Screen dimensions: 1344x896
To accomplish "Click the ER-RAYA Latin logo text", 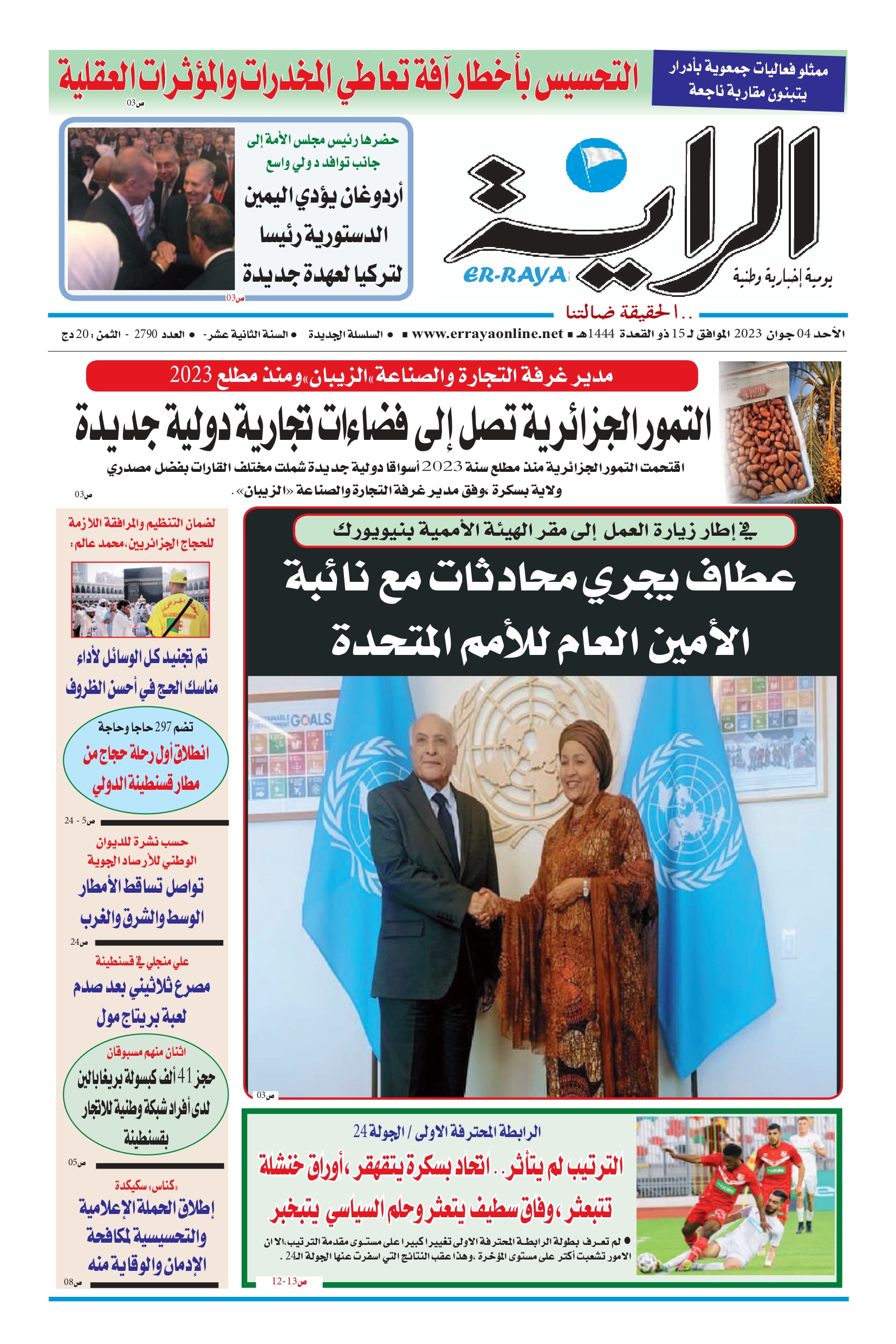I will click(x=514, y=275).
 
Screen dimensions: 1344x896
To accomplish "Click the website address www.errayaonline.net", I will click(x=487, y=334).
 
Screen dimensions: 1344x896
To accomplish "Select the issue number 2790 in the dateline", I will click(x=146, y=334).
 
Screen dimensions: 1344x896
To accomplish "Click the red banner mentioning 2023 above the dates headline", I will click(x=392, y=375).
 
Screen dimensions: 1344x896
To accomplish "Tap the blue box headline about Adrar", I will click(x=748, y=80).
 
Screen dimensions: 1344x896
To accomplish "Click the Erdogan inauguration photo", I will click(x=151, y=209).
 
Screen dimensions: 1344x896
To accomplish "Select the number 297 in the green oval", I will click(x=164, y=727).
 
